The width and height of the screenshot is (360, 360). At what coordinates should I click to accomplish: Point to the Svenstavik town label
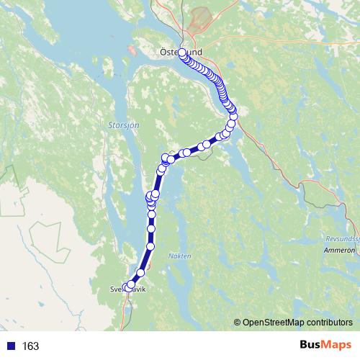coord(128,289)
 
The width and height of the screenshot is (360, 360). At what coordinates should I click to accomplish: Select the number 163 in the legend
coord(30,346)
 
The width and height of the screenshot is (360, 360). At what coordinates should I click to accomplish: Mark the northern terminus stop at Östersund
coord(182,53)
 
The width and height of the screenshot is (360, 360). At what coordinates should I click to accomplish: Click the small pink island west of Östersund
coord(131,51)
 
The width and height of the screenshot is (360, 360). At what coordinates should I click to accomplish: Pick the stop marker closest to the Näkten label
coord(151,247)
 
